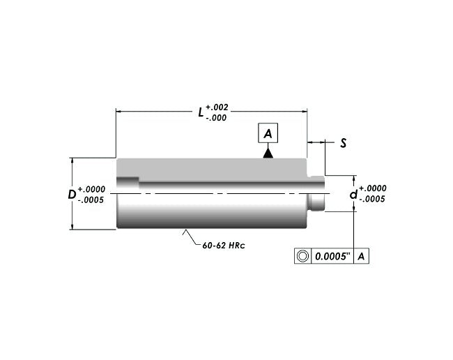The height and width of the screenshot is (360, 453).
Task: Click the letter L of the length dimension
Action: [x=201, y=111]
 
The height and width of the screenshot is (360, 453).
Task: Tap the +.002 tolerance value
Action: [x=217, y=107]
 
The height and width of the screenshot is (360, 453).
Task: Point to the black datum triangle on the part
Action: [x=268, y=153]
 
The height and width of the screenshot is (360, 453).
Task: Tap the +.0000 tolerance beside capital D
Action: [x=91, y=189]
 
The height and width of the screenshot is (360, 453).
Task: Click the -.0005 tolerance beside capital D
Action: [x=91, y=200]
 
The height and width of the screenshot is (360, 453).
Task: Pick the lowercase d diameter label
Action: [x=353, y=193]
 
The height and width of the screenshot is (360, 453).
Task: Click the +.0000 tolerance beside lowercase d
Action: [x=372, y=188]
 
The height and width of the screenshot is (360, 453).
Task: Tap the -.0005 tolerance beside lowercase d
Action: [x=372, y=199]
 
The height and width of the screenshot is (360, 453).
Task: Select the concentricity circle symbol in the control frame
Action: [x=302, y=256]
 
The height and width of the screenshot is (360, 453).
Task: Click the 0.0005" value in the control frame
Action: [x=332, y=256]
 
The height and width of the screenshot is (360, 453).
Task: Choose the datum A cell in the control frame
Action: [x=362, y=256]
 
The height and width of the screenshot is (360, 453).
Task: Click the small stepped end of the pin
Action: [x=317, y=194]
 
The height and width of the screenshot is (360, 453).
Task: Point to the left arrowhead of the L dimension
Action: [x=119, y=110]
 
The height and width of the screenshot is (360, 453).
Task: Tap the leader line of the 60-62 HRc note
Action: [x=190, y=237]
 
